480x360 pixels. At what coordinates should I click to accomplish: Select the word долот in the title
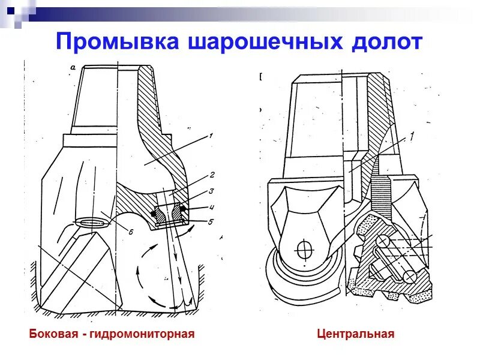(x=385, y=42)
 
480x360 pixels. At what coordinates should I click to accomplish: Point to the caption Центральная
(x=356, y=334)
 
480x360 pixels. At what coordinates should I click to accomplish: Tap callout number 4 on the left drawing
(x=212, y=208)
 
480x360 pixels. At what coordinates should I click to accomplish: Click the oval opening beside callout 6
(x=92, y=222)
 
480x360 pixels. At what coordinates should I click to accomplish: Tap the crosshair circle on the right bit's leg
(x=305, y=248)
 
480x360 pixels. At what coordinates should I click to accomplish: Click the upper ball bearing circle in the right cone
(x=382, y=241)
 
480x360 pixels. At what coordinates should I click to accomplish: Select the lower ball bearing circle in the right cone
(x=410, y=277)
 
